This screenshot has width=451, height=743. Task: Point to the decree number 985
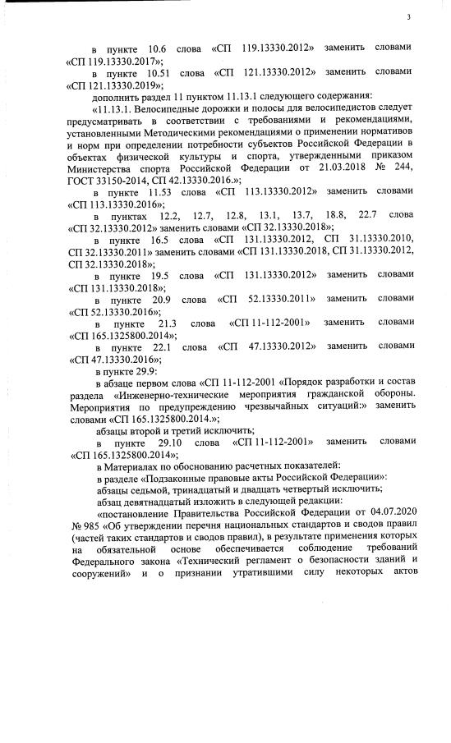[91, 525]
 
